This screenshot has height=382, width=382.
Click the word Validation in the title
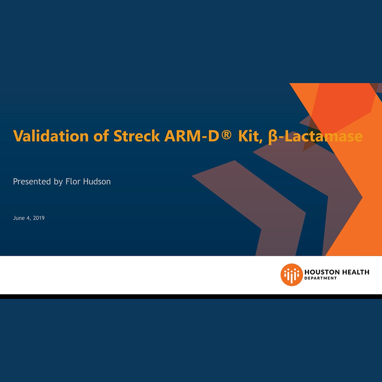coord(51,136)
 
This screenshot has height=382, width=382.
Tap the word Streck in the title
coord(137,136)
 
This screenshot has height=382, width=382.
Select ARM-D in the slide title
coord(192,136)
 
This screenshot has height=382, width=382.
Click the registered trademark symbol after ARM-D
coord(226,135)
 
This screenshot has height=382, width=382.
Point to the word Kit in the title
coord(250,136)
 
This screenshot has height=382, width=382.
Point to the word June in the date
coord(19,218)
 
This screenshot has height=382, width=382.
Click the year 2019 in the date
coord(39,218)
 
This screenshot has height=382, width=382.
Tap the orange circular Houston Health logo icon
coord(291,275)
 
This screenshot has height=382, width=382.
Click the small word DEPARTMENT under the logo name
coord(320,278)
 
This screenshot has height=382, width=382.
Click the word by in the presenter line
coord(58,182)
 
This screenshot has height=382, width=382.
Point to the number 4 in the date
coord(28,218)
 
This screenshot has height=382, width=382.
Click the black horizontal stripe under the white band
coord(191,296)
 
